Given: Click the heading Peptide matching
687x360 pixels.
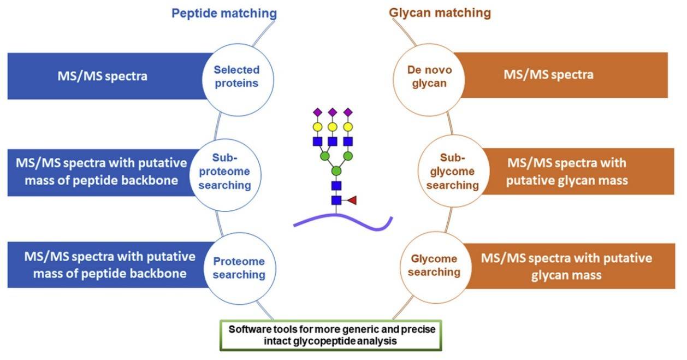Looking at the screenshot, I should point(224,13).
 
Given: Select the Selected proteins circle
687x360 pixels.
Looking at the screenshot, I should point(236,76).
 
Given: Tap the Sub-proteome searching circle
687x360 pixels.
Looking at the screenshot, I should point(230,172).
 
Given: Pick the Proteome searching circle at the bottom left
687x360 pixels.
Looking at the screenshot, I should point(238,268).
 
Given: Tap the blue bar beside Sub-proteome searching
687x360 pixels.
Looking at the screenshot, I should point(98,172).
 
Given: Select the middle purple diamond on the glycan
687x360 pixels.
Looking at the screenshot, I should point(331,113).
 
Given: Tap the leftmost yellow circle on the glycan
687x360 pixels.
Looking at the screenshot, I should point(317,127).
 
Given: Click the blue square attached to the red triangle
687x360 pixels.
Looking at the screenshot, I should point(336,200).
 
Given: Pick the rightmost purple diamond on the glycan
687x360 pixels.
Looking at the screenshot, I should point(346,113).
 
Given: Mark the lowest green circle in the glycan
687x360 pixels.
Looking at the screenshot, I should point(336,172).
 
